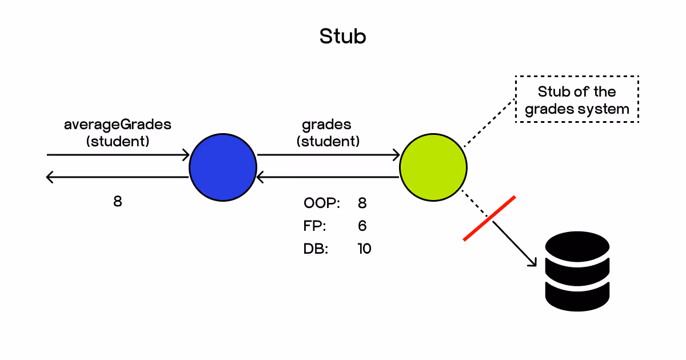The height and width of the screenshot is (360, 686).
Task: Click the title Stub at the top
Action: [x=342, y=36]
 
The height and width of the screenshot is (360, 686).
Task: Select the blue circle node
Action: [x=223, y=167]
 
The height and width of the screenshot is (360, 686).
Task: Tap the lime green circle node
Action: [x=433, y=167]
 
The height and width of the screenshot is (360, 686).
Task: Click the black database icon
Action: [x=578, y=271]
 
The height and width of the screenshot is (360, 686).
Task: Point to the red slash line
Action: [x=489, y=218]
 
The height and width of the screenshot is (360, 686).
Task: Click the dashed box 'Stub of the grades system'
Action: [x=577, y=99]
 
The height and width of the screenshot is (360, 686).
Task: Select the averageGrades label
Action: [x=117, y=124]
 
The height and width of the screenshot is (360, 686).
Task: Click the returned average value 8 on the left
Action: [x=117, y=202]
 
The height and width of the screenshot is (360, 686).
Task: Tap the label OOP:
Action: [x=322, y=203]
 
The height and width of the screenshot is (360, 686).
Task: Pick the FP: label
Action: [x=315, y=226]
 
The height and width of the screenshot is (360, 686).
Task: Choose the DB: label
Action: [x=316, y=249]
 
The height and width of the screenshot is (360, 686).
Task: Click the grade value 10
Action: [x=363, y=249]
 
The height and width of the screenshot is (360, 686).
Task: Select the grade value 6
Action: [x=362, y=226]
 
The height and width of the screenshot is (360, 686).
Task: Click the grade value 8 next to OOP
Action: [x=362, y=203]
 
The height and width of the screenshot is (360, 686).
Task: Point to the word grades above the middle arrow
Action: [x=327, y=124]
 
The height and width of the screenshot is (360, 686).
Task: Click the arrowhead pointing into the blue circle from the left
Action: [x=186, y=155]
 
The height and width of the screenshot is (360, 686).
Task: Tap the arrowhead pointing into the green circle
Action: [x=396, y=155]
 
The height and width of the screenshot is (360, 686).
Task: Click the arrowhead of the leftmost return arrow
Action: [x=50, y=178]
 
